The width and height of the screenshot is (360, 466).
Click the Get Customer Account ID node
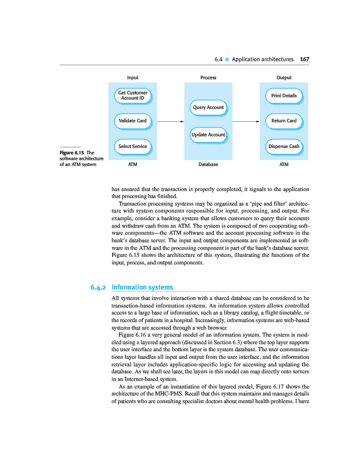[132, 95]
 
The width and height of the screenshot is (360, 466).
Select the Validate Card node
[132, 121]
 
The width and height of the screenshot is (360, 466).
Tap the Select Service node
[132, 146]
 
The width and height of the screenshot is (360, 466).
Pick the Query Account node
[208, 107]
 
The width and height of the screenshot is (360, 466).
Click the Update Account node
[208, 135]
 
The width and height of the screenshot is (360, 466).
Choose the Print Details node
[284, 95]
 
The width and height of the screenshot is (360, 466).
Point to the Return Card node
[284, 121]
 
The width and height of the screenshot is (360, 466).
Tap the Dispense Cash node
[284, 146]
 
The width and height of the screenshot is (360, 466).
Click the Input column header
[132, 77]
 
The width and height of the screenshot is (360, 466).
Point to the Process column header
[208, 77]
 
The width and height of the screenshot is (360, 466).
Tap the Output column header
[284, 77]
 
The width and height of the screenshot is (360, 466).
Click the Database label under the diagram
[208, 165]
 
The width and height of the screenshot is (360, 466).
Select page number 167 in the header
[304, 59]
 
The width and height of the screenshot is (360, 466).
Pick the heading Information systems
[142, 287]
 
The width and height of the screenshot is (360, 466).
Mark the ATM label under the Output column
[284, 165]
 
